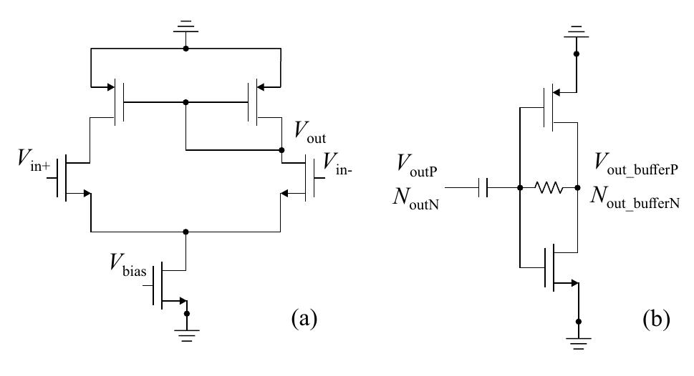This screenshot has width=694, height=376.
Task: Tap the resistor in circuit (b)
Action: [x=548, y=189]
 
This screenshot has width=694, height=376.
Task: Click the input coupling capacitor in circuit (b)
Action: [x=485, y=189]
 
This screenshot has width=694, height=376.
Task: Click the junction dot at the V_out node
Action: [x=280, y=151]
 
